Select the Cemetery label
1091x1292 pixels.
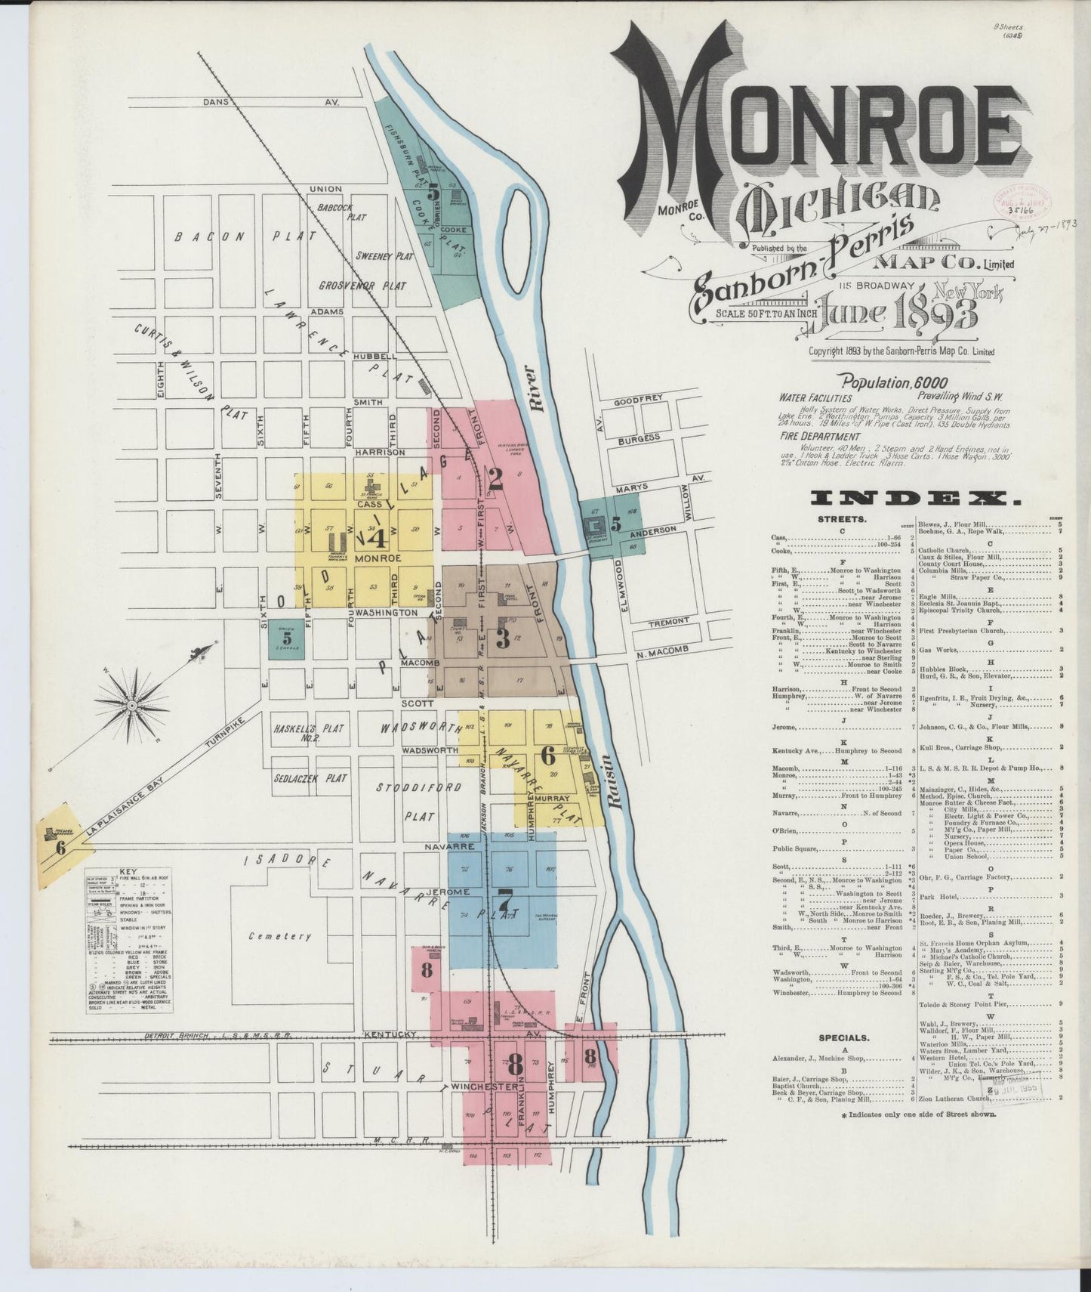point(280,936)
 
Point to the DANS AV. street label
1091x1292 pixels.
point(271,101)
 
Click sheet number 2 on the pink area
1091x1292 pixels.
point(495,477)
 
